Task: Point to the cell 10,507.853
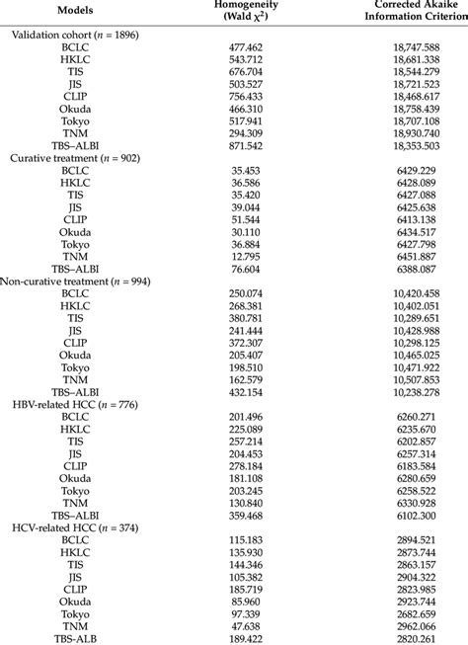tap(397, 377)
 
